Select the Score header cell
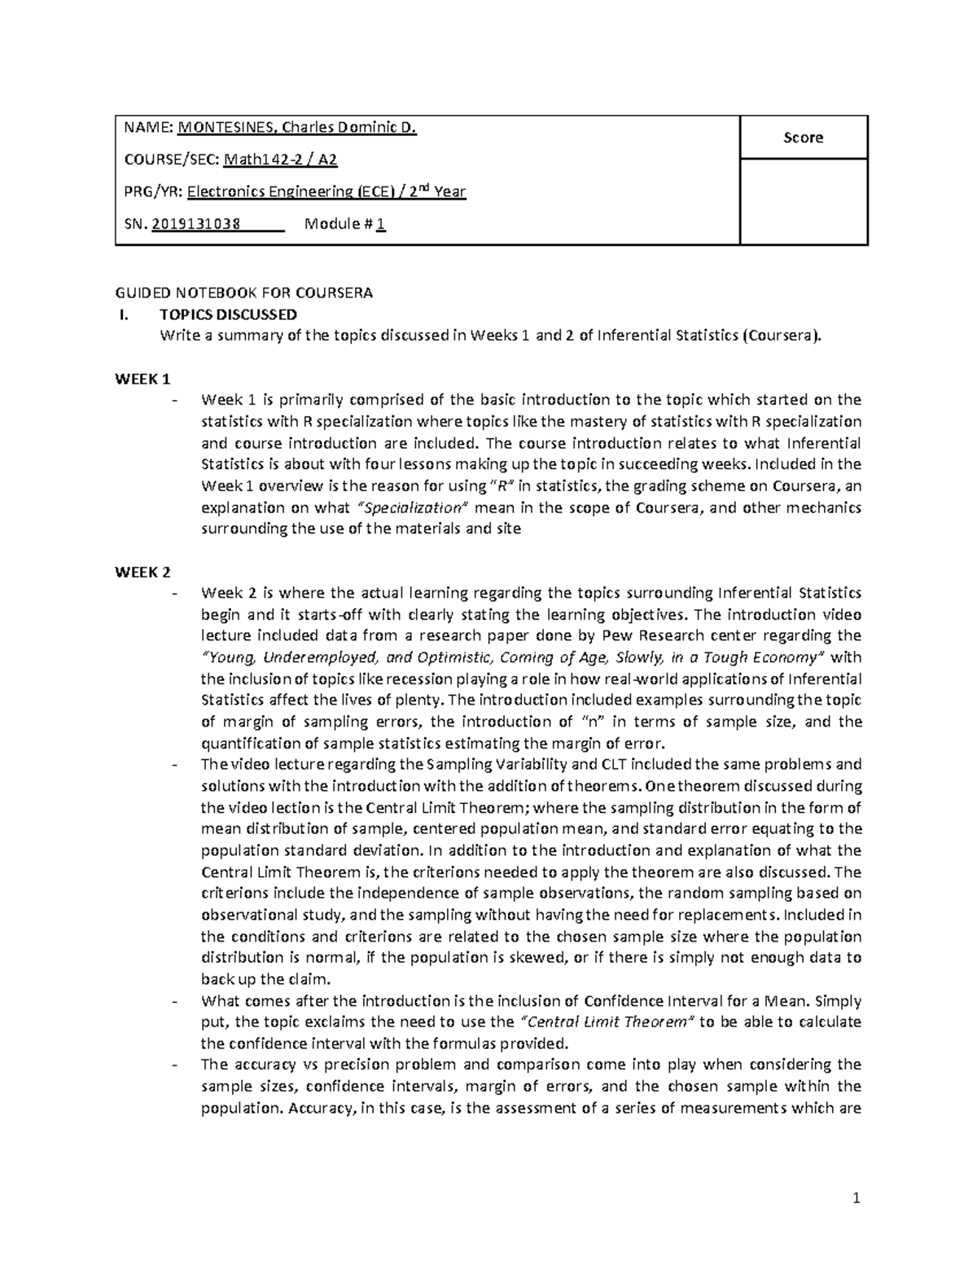pos(803,138)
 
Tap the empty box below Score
pos(803,201)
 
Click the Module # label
pos(338,225)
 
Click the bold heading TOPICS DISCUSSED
pos(229,314)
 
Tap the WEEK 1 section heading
pos(142,379)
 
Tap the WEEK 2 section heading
pos(142,572)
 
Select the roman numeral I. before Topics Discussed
pos(124,314)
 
